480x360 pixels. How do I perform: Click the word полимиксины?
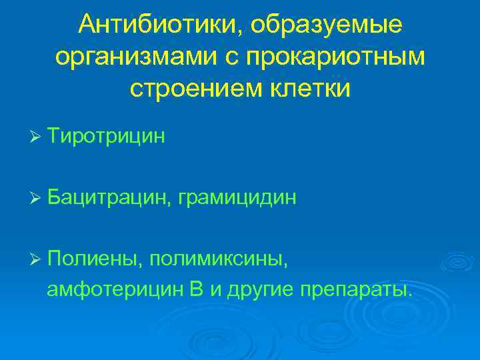point(219,257)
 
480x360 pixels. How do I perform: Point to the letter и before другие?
point(215,291)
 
